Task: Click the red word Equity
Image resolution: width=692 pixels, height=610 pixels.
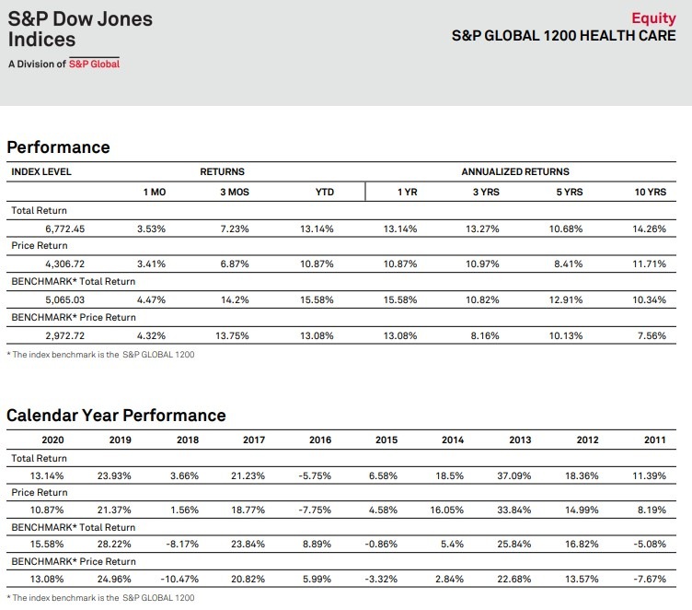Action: pos(653,18)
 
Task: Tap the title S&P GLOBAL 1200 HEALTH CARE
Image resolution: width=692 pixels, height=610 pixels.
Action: pos(563,36)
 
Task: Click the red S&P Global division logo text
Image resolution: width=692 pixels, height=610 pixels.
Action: pos(94,64)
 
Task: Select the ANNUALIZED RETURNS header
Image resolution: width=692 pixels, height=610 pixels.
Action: pos(515,171)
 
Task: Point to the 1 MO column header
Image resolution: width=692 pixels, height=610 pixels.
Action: pos(155,192)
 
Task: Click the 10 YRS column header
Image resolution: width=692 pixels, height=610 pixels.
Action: pos(650,192)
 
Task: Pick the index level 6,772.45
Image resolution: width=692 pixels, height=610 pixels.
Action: pos(64,229)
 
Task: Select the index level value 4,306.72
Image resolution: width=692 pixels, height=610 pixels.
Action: pos(64,264)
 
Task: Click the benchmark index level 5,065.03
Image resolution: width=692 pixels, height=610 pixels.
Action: pos(64,299)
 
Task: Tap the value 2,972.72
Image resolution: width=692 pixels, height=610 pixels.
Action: pos(64,335)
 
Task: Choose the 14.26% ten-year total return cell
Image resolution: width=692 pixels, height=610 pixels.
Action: pos(649,229)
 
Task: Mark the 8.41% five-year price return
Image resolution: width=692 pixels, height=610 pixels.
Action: pos(569,264)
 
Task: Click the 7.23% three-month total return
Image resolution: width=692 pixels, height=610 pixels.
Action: pos(235,229)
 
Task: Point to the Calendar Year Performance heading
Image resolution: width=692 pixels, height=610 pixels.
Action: pos(116,416)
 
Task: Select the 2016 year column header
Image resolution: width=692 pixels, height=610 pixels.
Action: pos(320,440)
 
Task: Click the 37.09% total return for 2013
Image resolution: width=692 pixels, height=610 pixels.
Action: pos(514,476)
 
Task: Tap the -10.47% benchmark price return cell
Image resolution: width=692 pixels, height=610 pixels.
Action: pos(179,579)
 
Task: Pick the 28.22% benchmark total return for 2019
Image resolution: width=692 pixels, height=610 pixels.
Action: pos(114,545)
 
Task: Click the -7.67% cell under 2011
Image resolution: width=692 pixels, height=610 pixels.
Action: pos(650,579)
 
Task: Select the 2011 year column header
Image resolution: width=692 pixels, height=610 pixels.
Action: pos(655,440)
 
